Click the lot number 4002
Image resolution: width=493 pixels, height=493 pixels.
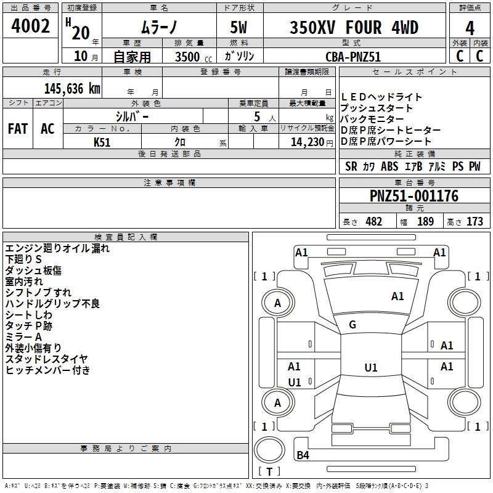tap(31, 26)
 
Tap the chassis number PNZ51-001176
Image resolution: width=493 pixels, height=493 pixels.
tap(414, 196)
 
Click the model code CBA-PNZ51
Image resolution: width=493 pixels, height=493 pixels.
tap(354, 56)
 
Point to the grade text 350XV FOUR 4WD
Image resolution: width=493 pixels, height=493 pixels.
tap(354, 28)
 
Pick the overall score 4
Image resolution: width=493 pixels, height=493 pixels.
tap(470, 28)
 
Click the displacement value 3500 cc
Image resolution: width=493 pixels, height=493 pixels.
tap(189, 56)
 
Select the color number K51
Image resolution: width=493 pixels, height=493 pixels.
tap(102, 142)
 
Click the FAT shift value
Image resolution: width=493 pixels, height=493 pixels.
tap(17, 129)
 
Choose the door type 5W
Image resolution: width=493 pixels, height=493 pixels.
tap(240, 28)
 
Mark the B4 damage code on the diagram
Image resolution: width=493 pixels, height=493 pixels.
tap(303, 455)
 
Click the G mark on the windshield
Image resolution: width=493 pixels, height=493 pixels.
tap(352, 324)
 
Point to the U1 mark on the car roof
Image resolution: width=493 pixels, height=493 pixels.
tap(370, 368)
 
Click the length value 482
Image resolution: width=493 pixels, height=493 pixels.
tap(373, 221)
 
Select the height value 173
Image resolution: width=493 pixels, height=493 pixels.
tap(475, 221)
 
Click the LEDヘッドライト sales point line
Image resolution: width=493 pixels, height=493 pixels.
tap(381, 97)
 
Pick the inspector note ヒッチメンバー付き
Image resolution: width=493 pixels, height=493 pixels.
tap(48, 370)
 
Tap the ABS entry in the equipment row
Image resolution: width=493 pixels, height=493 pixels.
tap(389, 166)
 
